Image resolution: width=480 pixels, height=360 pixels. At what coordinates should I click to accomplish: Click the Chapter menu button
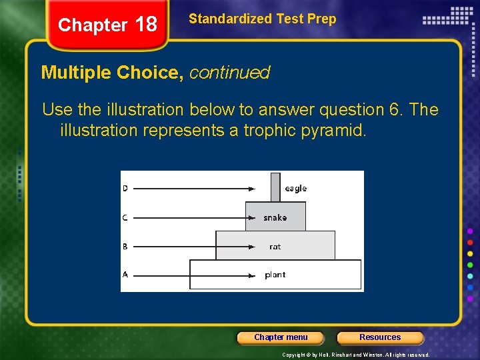point(281,337)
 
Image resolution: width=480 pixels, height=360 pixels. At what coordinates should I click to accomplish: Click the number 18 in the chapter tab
point(145,25)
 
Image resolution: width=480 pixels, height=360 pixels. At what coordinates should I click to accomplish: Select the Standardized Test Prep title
point(262,19)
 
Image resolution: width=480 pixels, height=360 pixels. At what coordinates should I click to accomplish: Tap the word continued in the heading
point(229,73)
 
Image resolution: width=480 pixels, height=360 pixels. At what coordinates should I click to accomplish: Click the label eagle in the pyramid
point(295,189)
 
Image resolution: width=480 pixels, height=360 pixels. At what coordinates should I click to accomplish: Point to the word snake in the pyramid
point(275,217)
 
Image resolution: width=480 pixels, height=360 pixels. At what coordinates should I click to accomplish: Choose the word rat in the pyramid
point(275,247)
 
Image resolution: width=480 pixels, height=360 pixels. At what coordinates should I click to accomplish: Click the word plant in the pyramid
point(275,275)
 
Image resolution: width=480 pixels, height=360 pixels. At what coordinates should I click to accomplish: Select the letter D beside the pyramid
point(125,189)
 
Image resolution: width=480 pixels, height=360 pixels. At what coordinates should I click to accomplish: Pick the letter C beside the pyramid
point(125,217)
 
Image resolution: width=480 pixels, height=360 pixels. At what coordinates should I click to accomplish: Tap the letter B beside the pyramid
point(125,247)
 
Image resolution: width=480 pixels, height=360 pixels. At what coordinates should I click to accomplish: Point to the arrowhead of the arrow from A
point(251,275)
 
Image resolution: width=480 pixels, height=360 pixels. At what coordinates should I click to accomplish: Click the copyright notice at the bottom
point(355,355)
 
